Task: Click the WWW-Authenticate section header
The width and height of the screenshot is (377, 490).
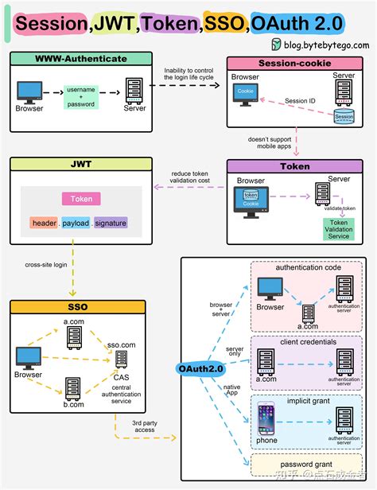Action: pos(80,59)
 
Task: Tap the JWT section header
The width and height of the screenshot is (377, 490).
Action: pos(80,165)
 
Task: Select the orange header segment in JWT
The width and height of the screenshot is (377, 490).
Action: pos(44,224)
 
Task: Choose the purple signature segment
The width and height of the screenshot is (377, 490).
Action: pos(111,224)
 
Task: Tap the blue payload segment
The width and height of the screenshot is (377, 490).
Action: pos(76,224)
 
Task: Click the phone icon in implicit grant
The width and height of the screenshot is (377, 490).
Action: pos(266,419)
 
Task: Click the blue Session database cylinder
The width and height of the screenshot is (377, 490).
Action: pos(343,115)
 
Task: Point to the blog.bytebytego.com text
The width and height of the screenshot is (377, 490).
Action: pos(323,45)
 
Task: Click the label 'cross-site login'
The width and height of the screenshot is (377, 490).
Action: pos(47,265)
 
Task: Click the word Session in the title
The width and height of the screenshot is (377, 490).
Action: pos(49,24)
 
